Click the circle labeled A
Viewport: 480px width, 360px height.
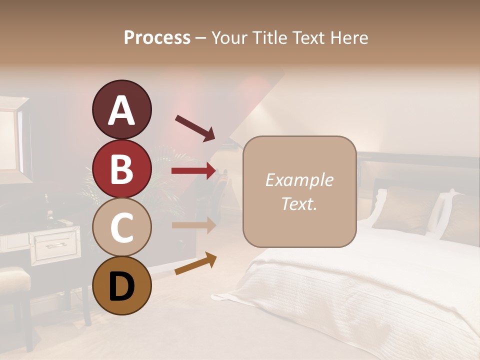(x=121, y=109)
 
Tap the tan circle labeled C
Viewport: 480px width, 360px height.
(x=121, y=227)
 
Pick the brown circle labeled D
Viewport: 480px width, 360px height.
(x=121, y=285)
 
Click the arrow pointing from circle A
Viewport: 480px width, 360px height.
(x=195, y=128)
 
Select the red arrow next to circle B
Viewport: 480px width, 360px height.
(x=194, y=171)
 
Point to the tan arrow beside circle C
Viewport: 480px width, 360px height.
(x=194, y=225)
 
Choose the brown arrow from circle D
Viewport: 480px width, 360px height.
(x=195, y=264)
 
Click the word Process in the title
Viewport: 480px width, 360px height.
(x=157, y=37)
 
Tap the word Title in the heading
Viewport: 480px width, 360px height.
(x=270, y=37)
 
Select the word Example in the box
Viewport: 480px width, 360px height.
(x=299, y=180)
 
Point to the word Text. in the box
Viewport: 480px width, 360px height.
(x=299, y=203)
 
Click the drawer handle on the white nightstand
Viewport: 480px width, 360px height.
(x=54, y=245)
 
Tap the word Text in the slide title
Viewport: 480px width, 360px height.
(x=308, y=37)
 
